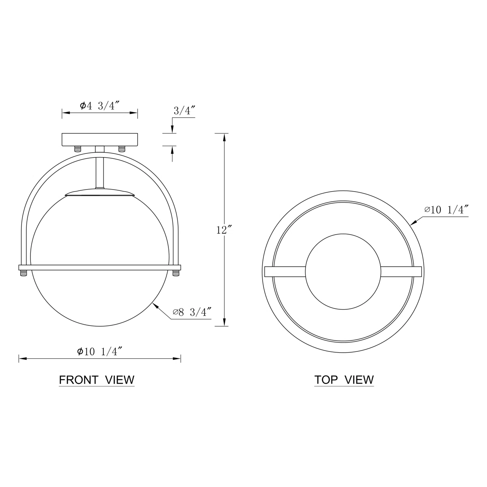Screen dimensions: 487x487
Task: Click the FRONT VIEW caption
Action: (97, 380)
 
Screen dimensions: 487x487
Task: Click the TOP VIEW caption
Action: (344, 380)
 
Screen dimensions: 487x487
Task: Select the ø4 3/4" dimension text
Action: (99, 106)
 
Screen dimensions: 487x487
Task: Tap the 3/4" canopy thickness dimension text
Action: (185, 110)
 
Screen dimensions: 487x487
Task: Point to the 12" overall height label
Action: (223, 230)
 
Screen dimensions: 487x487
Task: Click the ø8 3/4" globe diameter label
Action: (192, 312)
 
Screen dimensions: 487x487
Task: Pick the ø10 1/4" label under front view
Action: (99, 352)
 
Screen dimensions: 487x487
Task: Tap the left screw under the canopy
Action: (77, 149)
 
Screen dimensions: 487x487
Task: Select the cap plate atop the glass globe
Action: (99, 193)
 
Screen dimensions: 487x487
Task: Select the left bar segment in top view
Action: (285, 272)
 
